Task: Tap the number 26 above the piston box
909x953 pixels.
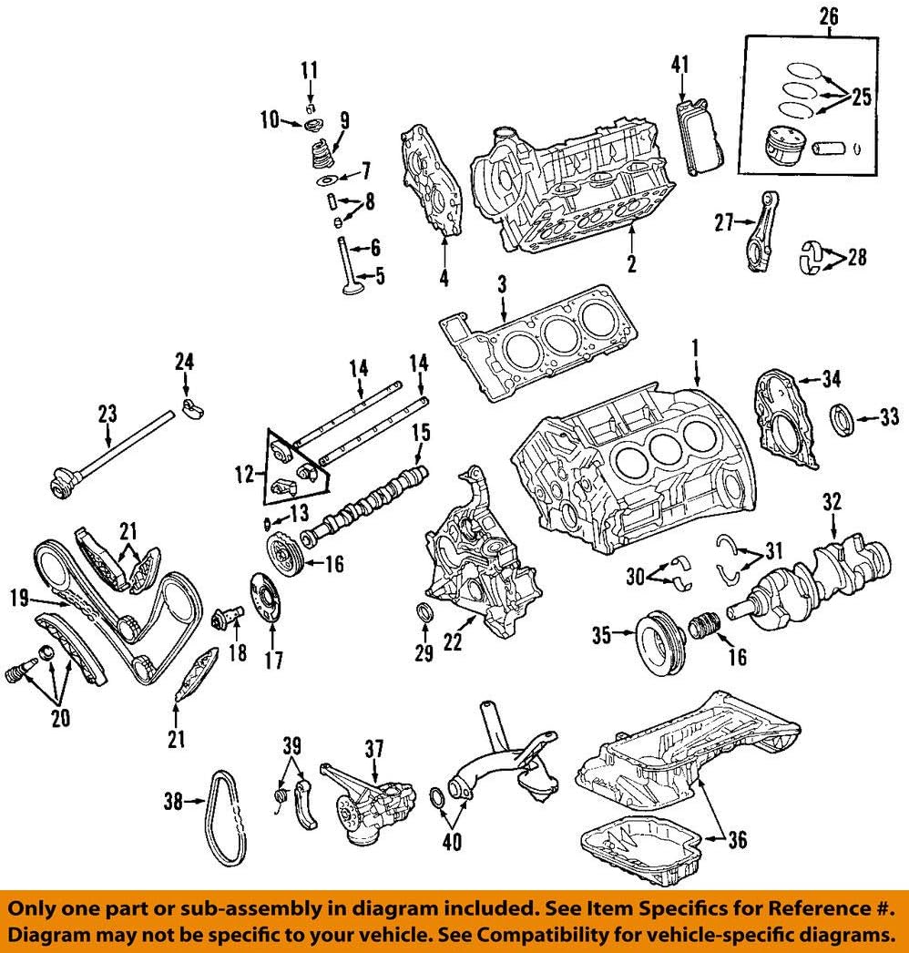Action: (x=830, y=15)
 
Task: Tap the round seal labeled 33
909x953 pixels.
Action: (x=843, y=418)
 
